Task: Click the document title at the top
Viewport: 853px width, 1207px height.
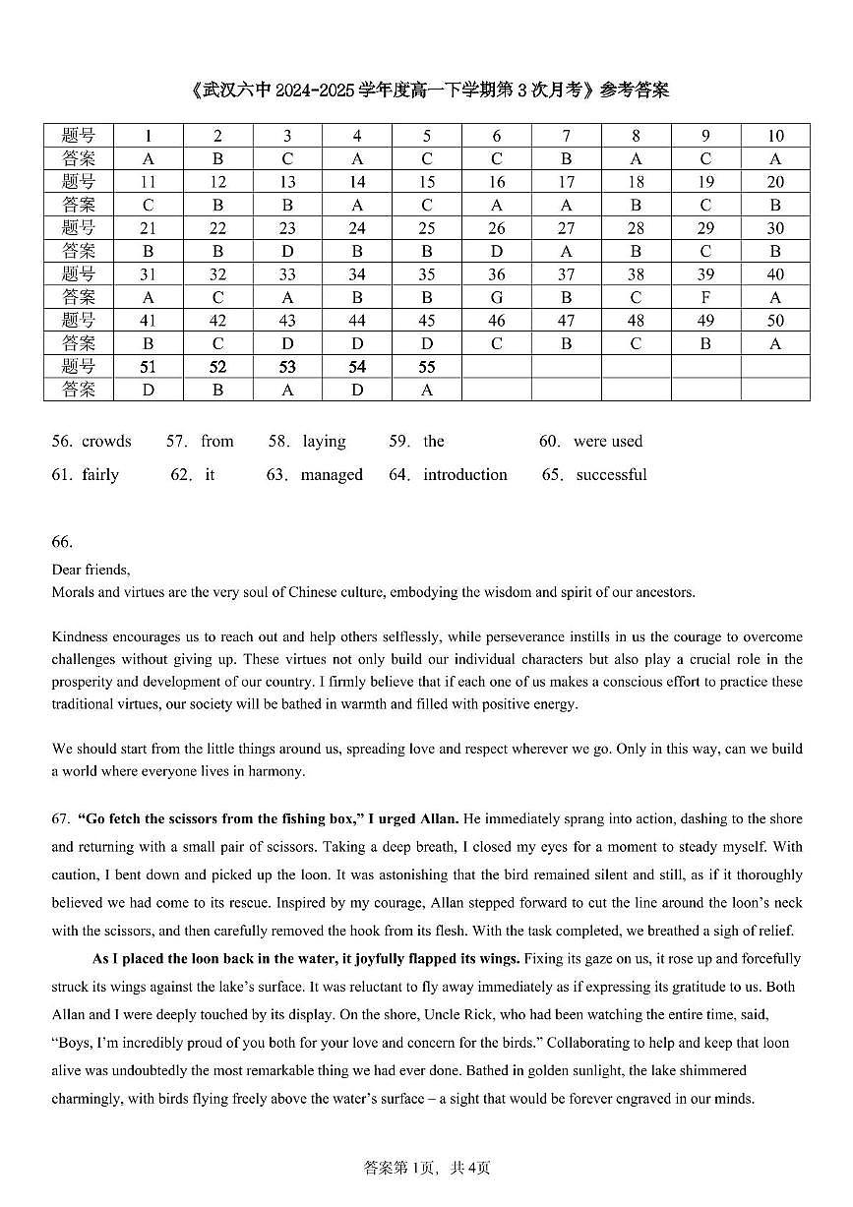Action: tap(426, 91)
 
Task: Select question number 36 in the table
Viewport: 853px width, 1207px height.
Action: tap(497, 274)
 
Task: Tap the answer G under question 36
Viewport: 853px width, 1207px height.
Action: tap(497, 297)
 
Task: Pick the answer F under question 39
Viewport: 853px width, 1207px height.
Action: tap(705, 297)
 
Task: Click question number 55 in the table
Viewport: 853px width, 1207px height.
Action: tap(427, 367)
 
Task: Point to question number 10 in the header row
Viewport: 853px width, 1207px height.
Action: tap(775, 136)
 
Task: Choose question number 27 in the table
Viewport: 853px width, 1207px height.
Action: tap(567, 228)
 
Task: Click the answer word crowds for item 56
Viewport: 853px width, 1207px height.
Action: tap(106, 442)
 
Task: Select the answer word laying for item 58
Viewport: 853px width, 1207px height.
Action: tap(324, 442)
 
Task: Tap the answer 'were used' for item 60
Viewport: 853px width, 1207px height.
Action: tap(608, 442)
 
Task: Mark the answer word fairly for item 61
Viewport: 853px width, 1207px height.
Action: tap(100, 475)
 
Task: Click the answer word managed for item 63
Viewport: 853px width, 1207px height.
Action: tap(332, 475)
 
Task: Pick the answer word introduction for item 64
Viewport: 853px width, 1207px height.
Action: tap(465, 475)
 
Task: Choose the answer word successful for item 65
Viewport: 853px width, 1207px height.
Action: tap(611, 475)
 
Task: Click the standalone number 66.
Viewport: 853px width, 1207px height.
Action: tap(62, 542)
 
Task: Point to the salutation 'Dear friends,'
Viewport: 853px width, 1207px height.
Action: tap(91, 570)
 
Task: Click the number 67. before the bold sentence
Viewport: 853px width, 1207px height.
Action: tap(61, 818)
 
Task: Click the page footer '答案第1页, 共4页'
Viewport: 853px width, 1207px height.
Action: tap(427, 1168)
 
